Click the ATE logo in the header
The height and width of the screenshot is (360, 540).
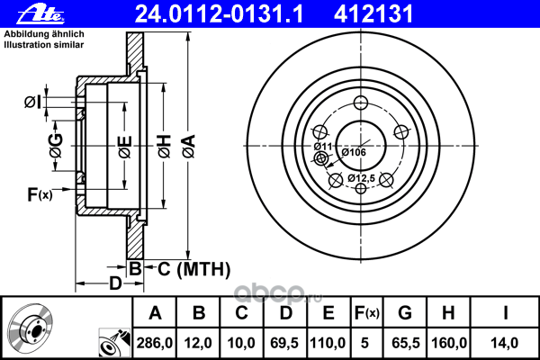(41, 13)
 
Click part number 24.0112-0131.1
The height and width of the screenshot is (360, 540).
(219, 14)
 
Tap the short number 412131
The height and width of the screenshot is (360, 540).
(373, 14)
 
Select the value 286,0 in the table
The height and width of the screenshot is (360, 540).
(154, 343)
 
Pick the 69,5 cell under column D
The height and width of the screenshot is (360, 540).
(284, 343)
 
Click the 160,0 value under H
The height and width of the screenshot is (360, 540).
(449, 343)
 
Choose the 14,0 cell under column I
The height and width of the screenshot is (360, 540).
(505, 343)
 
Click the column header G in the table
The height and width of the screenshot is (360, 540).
(405, 313)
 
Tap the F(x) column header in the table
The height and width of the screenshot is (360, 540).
(367, 313)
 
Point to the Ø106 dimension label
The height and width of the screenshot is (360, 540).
(354, 152)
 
